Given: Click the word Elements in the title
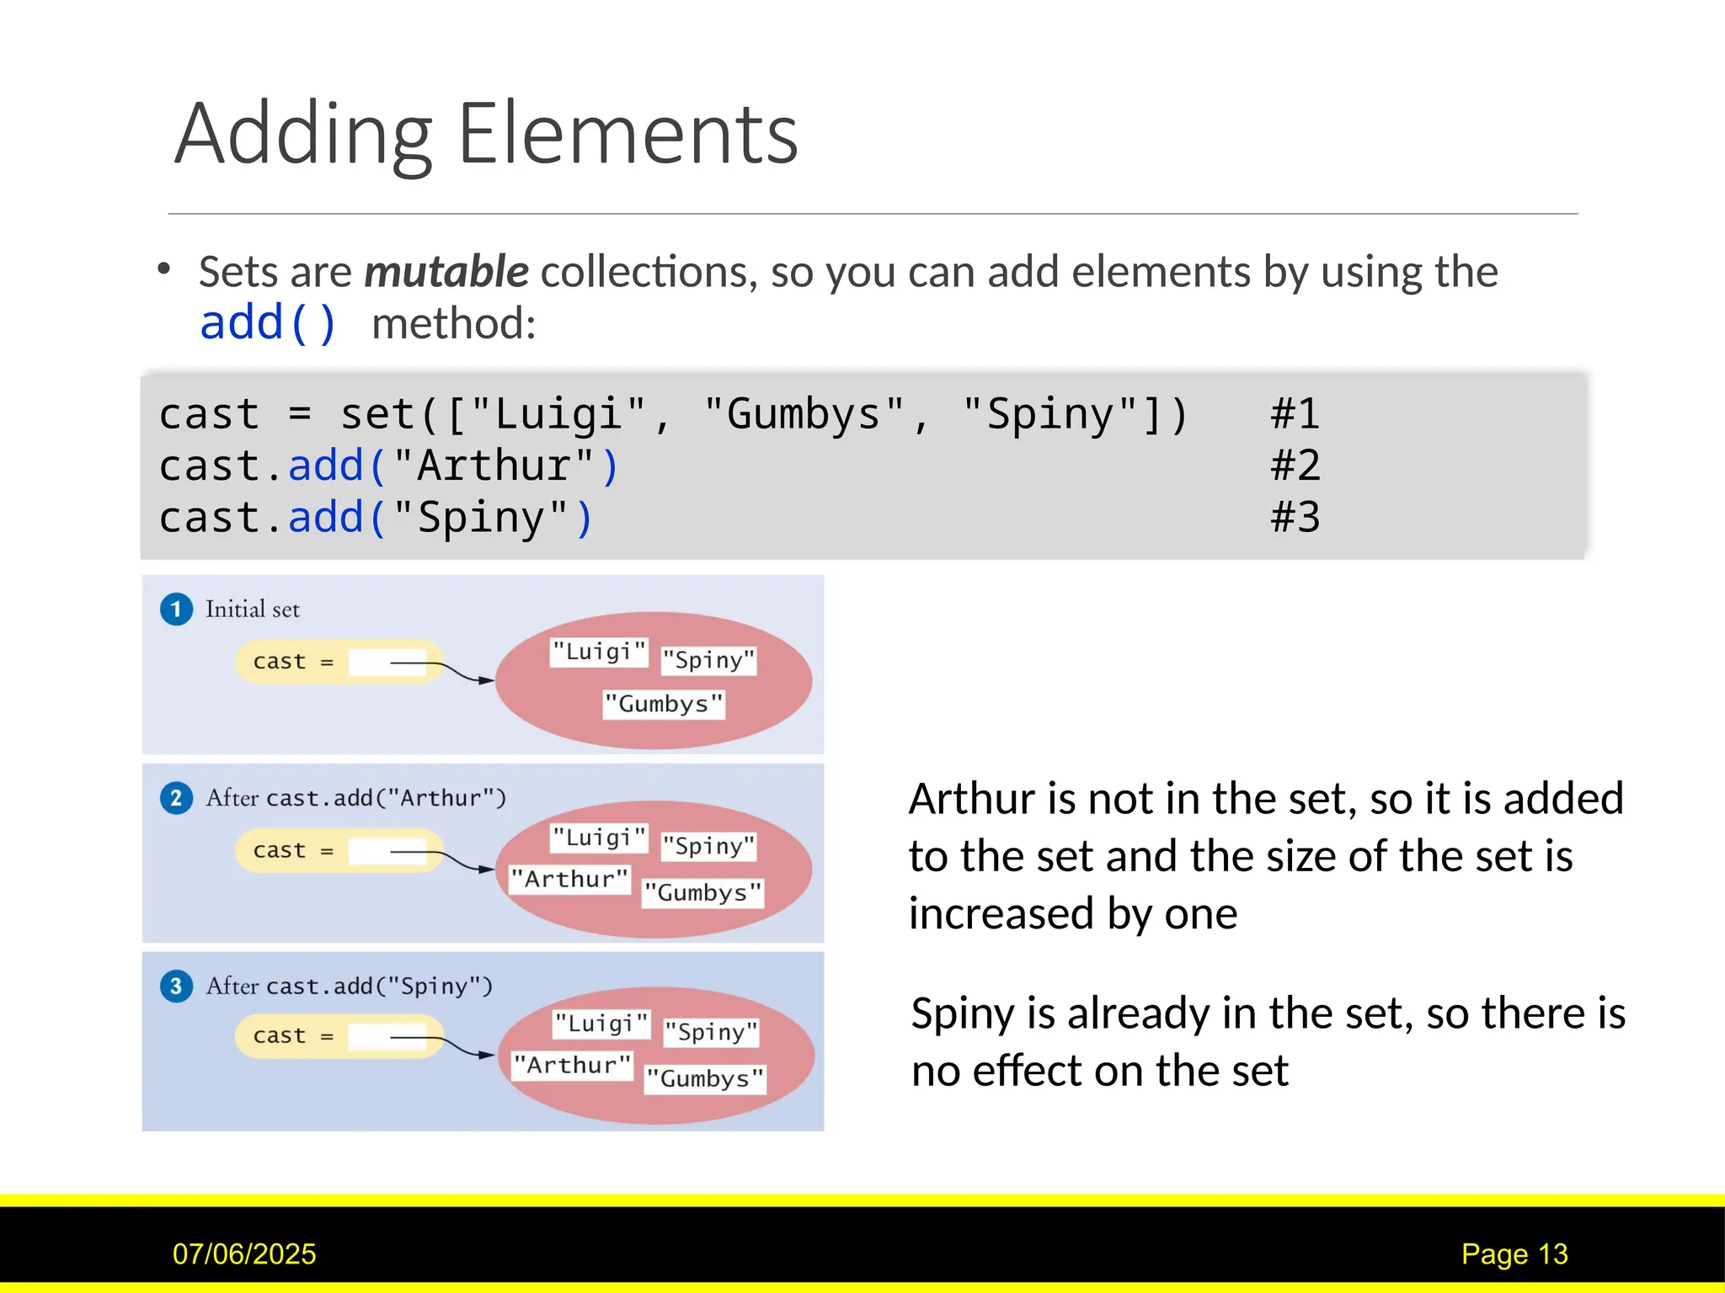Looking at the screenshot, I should tap(628, 135).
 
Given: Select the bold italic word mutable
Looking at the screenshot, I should tap(446, 272).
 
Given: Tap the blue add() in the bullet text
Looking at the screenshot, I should tap(268, 323).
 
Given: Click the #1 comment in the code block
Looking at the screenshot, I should tap(1295, 414).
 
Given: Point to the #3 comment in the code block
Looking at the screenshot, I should tap(1295, 517).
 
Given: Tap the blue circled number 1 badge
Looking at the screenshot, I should tap(176, 609).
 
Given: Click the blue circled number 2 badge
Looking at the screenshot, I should tap(176, 798).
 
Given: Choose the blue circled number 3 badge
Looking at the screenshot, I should tap(176, 986).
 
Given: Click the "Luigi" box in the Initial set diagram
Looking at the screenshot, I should tap(599, 652).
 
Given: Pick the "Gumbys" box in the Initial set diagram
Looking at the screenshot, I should tap(664, 704).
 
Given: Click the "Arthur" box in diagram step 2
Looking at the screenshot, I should tap(570, 880).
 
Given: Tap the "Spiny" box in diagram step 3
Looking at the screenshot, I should tap(712, 1032).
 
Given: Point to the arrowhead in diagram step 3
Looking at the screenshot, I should tap(487, 1055).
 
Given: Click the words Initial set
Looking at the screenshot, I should tap(253, 609).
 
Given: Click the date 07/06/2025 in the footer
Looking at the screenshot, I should tap(244, 1254).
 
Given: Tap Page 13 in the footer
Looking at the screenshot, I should tap(1514, 1254).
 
